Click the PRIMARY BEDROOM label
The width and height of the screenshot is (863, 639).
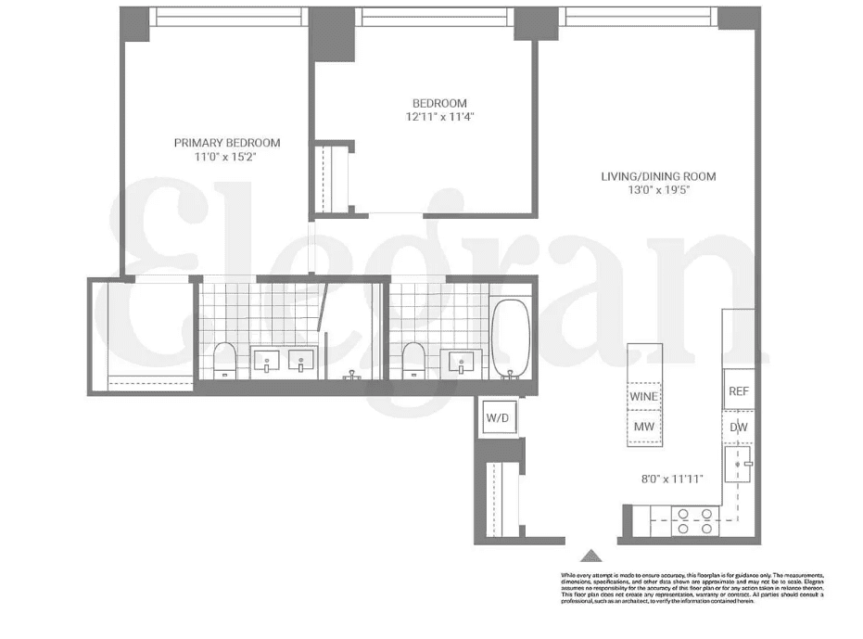227,143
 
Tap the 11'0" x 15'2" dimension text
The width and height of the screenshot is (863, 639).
225,158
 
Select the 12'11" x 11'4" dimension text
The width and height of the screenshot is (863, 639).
440,117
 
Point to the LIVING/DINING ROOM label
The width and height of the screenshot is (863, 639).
658,176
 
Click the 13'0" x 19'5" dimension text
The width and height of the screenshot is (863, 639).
658,190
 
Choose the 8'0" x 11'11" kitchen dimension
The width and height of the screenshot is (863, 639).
674,479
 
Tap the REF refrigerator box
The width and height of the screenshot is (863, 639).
738,391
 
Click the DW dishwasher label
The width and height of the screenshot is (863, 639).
738,428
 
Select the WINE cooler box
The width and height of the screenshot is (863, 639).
644,396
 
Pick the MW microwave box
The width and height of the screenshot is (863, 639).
644,427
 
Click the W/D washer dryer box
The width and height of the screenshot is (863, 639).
498,418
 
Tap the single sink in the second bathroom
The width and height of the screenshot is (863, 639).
463,360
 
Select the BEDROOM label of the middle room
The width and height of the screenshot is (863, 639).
439,103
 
